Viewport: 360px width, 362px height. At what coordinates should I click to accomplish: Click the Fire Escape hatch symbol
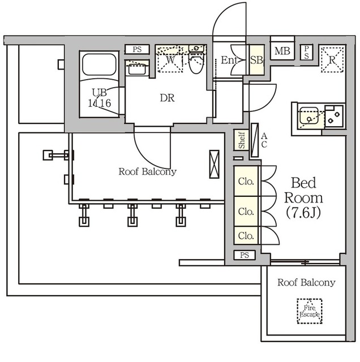coord(309,311)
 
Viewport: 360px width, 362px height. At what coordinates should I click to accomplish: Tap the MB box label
coord(281,52)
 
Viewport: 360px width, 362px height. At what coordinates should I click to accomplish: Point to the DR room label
coord(166,98)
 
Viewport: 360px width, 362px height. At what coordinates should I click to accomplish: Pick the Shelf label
coord(242,141)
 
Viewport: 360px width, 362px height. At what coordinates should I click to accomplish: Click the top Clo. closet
coord(247,182)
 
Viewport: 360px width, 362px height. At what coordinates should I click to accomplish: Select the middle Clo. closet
coord(247,211)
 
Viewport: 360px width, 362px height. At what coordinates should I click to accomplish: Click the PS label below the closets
coord(244,255)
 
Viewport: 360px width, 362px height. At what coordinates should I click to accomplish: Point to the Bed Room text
coord(303,191)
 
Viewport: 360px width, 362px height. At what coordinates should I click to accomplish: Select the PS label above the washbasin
coord(137,50)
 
